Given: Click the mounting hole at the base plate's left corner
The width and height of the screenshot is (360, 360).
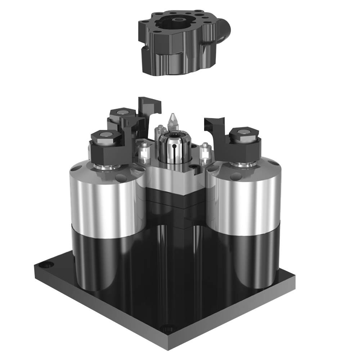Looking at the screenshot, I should pyautogui.click(x=46, y=265).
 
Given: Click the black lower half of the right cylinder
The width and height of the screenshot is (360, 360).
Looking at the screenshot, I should pyautogui.click(x=248, y=259).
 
